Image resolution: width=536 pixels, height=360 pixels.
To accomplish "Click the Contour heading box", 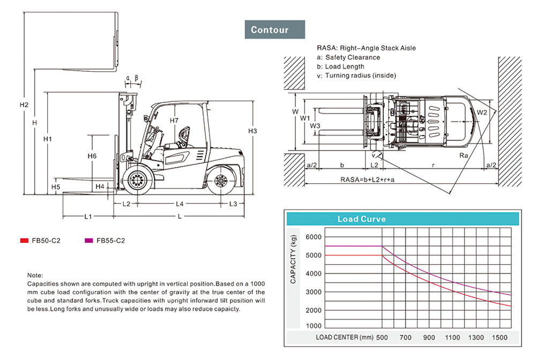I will point(274,30).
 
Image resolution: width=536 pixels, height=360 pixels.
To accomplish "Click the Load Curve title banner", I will point(361,219).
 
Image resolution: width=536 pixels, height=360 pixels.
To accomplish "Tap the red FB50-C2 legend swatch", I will point(24,241).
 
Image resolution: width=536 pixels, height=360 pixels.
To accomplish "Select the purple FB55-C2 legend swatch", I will point(89,241).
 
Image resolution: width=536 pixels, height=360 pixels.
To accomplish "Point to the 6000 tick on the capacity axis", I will point(314,237).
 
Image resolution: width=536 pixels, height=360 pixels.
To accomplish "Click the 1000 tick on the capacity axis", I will point(314,326).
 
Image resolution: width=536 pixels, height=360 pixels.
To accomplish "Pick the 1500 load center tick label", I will point(499,338).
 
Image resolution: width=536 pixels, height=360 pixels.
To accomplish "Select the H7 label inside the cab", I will point(174,121).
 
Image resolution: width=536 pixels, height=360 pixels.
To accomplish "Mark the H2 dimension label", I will point(24,104).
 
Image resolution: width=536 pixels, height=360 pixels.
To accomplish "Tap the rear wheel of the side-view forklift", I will point(220,181).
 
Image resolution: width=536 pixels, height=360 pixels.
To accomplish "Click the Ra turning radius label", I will point(464,156).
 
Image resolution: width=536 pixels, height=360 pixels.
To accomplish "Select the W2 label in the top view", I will point(482,112).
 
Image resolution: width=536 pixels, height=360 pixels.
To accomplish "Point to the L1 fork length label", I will point(88,216).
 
